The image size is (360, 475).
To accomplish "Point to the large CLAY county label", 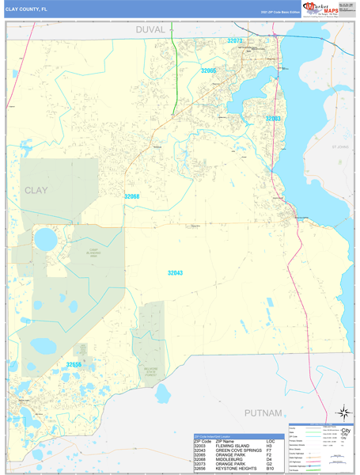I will [42, 191].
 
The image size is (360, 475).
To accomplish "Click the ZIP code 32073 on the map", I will [234, 40].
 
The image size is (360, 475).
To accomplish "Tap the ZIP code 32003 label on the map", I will [271, 118].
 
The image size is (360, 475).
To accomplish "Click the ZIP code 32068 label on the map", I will [131, 196].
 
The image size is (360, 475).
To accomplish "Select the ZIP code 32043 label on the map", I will [175, 272].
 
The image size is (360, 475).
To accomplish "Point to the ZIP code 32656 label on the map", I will [74, 363].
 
